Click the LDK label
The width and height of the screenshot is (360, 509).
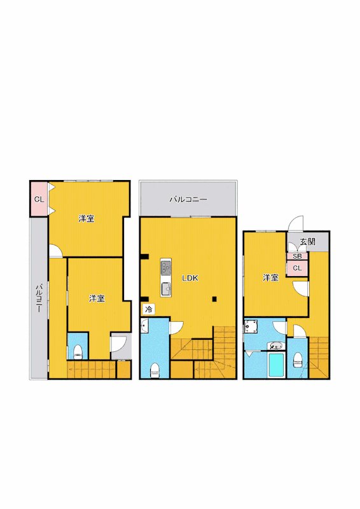(x=190, y=278)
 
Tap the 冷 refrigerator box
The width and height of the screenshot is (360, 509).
(x=149, y=309)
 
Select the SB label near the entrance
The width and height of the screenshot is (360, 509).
(x=297, y=256)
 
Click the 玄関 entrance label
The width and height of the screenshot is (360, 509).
(x=307, y=242)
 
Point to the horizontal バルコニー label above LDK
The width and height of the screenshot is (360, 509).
(x=188, y=200)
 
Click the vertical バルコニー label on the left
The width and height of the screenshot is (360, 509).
(x=39, y=298)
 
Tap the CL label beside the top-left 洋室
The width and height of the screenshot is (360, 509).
(x=39, y=200)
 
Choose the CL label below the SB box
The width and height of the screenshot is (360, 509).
(x=297, y=268)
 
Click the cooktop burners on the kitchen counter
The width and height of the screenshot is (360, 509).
(x=165, y=267)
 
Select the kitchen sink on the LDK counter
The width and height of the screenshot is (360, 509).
(x=166, y=289)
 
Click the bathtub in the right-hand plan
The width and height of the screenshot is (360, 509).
(x=277, y=365)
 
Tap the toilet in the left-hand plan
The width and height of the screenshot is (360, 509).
(x=78, y=352)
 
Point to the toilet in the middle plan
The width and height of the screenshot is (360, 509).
(x=155, y=370)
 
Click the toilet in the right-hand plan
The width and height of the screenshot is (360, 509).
(x=297, y=359)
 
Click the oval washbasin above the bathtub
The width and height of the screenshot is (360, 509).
(x=276, y=345)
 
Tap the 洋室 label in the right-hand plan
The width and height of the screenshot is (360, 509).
(x=270, y=277)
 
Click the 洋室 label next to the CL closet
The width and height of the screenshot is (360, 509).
(x=87, y=218)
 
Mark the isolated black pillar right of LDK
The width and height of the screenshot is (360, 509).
(x=214, y=299)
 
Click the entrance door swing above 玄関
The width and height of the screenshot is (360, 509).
(x=296, y=223)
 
